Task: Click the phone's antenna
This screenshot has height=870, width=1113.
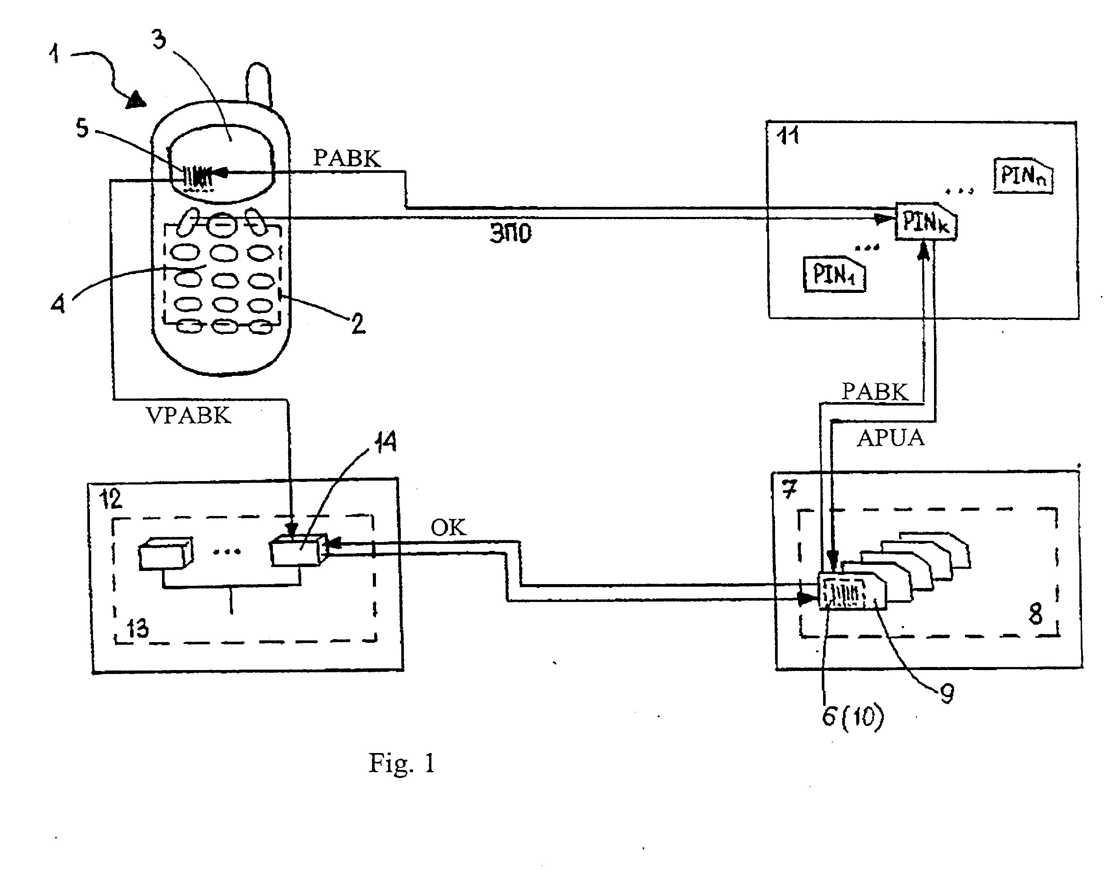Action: click(x=258, y=84)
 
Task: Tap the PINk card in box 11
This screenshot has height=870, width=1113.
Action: click(x=926, y=221)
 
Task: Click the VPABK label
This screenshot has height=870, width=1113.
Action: click(x=189, y=416)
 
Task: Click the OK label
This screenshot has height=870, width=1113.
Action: click(x=448, y=527)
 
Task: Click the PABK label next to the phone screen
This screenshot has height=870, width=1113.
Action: click(x=347, y=158)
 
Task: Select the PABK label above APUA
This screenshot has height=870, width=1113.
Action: click(x=875, y=392)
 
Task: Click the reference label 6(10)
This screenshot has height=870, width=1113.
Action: click(x=853, y=717)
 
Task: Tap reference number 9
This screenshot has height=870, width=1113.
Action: click(x=947, y=694)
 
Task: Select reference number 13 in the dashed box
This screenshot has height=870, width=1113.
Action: click(x=137, y=629)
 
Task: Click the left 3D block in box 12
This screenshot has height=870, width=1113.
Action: click(x=165, y=553)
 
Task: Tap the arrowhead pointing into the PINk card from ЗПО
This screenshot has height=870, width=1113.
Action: click(x=886, y=219)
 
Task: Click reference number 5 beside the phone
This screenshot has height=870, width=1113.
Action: click(x=82, y=128)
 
